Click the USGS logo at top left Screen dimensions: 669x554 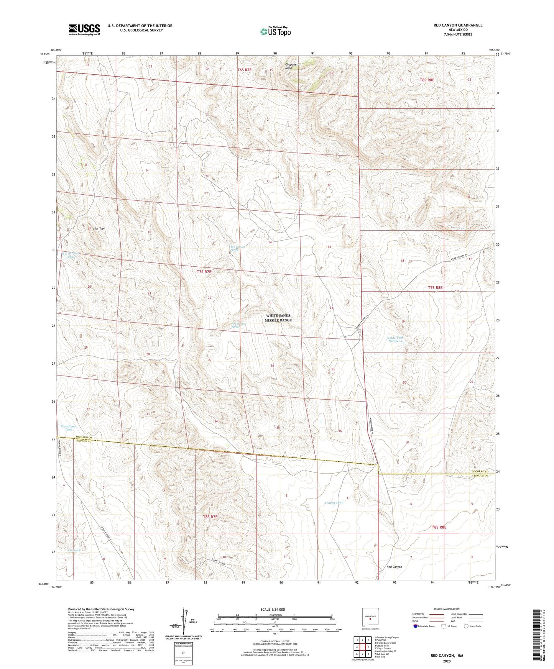(x=84, y=30)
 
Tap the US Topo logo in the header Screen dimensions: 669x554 (x=275, y=31)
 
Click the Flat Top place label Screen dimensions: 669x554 (x=99, y=229)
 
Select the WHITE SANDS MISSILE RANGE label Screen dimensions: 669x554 (x=278, y=318)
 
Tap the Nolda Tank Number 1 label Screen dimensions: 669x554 (x=396, y=339)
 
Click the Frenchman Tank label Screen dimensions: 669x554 (x=69, y=428)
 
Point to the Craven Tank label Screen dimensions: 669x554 (x=334, y=503)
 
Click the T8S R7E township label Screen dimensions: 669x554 (x=210, y=517)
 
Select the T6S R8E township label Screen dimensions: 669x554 (x=427, y=80)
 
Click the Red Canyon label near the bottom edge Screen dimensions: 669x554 (x=394, y=567)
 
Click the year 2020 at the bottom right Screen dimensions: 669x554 (x=447, y=661)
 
